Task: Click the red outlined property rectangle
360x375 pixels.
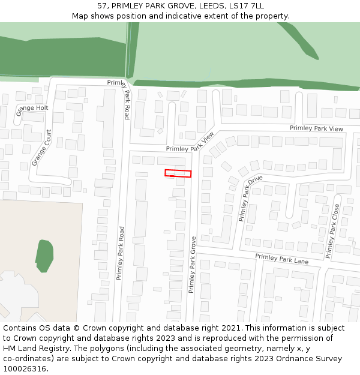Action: pyautogui.click(x=178, y=173)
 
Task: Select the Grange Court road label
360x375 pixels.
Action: pyautogui.click(x=42, y=148)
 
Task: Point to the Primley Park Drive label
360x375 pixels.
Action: pyautogui.click(x=251, y=198)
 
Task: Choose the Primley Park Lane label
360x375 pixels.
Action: pyautogui.click(x=281, y=260)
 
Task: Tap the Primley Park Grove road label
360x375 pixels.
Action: pyautogui.click(x=193, y=264)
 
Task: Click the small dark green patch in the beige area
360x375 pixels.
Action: pyautogui.click(x=44, y=255)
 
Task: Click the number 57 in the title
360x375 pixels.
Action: pyautogui.click(x=101, y=6)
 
